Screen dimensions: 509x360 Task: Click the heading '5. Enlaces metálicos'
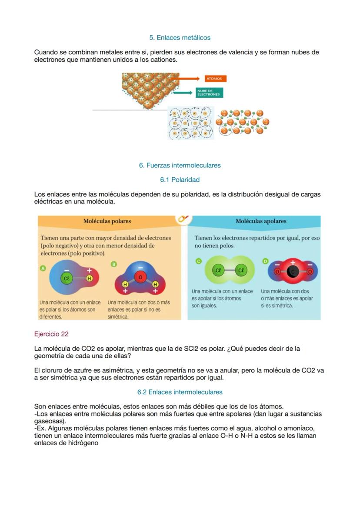[180, 38]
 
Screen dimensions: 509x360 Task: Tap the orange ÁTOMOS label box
[216, 79]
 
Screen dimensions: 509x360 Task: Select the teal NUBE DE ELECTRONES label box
[209, 93]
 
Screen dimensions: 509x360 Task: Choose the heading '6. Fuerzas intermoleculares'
[180, 165]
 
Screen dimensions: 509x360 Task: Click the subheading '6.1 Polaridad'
[180, 180]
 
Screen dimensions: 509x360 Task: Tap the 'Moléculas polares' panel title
[107, 221]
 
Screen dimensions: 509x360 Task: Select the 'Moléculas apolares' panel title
[261, 221]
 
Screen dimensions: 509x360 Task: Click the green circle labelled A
[43, 269]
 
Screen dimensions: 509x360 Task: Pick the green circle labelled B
[114, 264]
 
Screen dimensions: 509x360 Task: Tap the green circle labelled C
[199, 261]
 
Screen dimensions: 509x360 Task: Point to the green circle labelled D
[265, 261]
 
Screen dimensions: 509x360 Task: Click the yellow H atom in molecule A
[89, 278]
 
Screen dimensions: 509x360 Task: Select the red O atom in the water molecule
[140, 277]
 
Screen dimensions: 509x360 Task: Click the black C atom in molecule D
[293, 272]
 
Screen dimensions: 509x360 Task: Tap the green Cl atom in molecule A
[67, 278]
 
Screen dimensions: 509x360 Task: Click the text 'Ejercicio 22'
[51, 334]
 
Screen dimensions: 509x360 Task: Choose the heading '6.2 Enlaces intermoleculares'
[180, 392]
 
